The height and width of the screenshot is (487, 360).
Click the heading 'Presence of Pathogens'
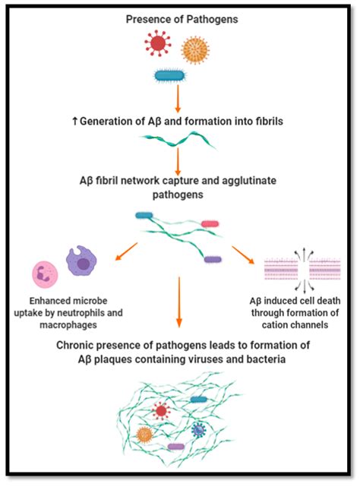pyautogui.click(x=179, y=17)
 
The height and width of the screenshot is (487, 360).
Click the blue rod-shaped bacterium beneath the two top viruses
pyautogui.click(x=174, y=74)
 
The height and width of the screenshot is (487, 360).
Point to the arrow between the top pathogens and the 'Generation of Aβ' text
pyautogui.click(x=177, y=96)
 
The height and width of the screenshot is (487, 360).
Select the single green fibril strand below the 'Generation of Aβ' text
pyautogui.click(x=177, y=138)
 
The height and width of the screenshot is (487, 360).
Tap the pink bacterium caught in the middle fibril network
pyautogui.click(x=210, y=224)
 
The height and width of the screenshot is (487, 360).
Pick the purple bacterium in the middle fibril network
pyautogui.click(x=213, y=260)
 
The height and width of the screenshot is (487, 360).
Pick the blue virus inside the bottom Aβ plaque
pyautogui.click(x=198, y=430)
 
